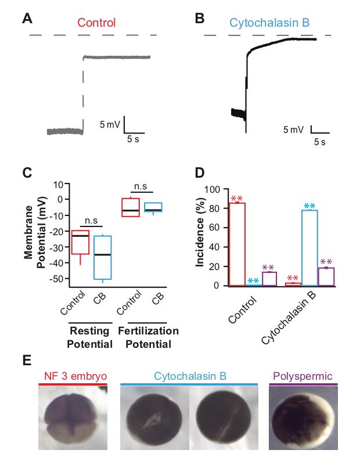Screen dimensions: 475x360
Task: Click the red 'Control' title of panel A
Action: [x=96, y=23]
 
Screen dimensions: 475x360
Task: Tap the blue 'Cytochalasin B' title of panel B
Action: [x=269, y=23]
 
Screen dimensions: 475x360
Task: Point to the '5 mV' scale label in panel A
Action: [x=109, y=125]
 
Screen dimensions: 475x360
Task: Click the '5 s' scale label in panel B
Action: [x=319, y=141]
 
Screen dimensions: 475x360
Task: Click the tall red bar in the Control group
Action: [x=237, y=244]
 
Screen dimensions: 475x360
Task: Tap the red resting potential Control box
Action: [x=81, y=242]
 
